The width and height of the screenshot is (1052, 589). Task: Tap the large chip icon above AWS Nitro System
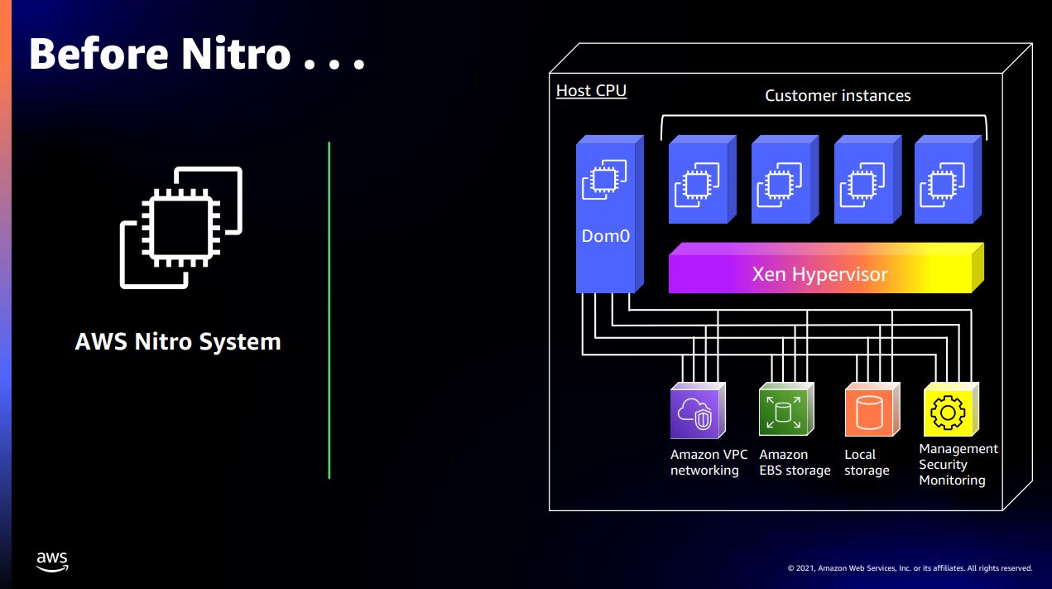click(x=181, y=227)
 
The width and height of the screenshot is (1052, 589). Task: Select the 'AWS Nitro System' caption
click(x=178, y=341)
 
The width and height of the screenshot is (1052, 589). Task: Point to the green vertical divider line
click(x=329, y=310)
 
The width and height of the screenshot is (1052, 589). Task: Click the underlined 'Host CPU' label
click(x=591, y=90)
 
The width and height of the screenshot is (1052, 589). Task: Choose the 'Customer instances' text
click(x=838, y=95)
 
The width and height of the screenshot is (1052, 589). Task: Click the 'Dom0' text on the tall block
click(x=606, y=236)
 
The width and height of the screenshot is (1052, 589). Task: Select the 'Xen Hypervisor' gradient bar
click(x=819, y=274)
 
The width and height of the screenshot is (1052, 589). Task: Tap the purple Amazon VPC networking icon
click(x=695, y=412)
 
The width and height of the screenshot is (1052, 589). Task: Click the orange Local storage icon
click(x=867, y=412)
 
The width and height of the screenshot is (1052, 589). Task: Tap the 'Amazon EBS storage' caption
click(x=794, y=462)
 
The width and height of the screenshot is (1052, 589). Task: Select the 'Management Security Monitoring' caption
click(x=958, y=464)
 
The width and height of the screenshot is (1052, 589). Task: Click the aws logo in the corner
click(x=52, y=561)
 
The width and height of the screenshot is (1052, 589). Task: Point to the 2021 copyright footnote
click(x=910, y=568)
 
